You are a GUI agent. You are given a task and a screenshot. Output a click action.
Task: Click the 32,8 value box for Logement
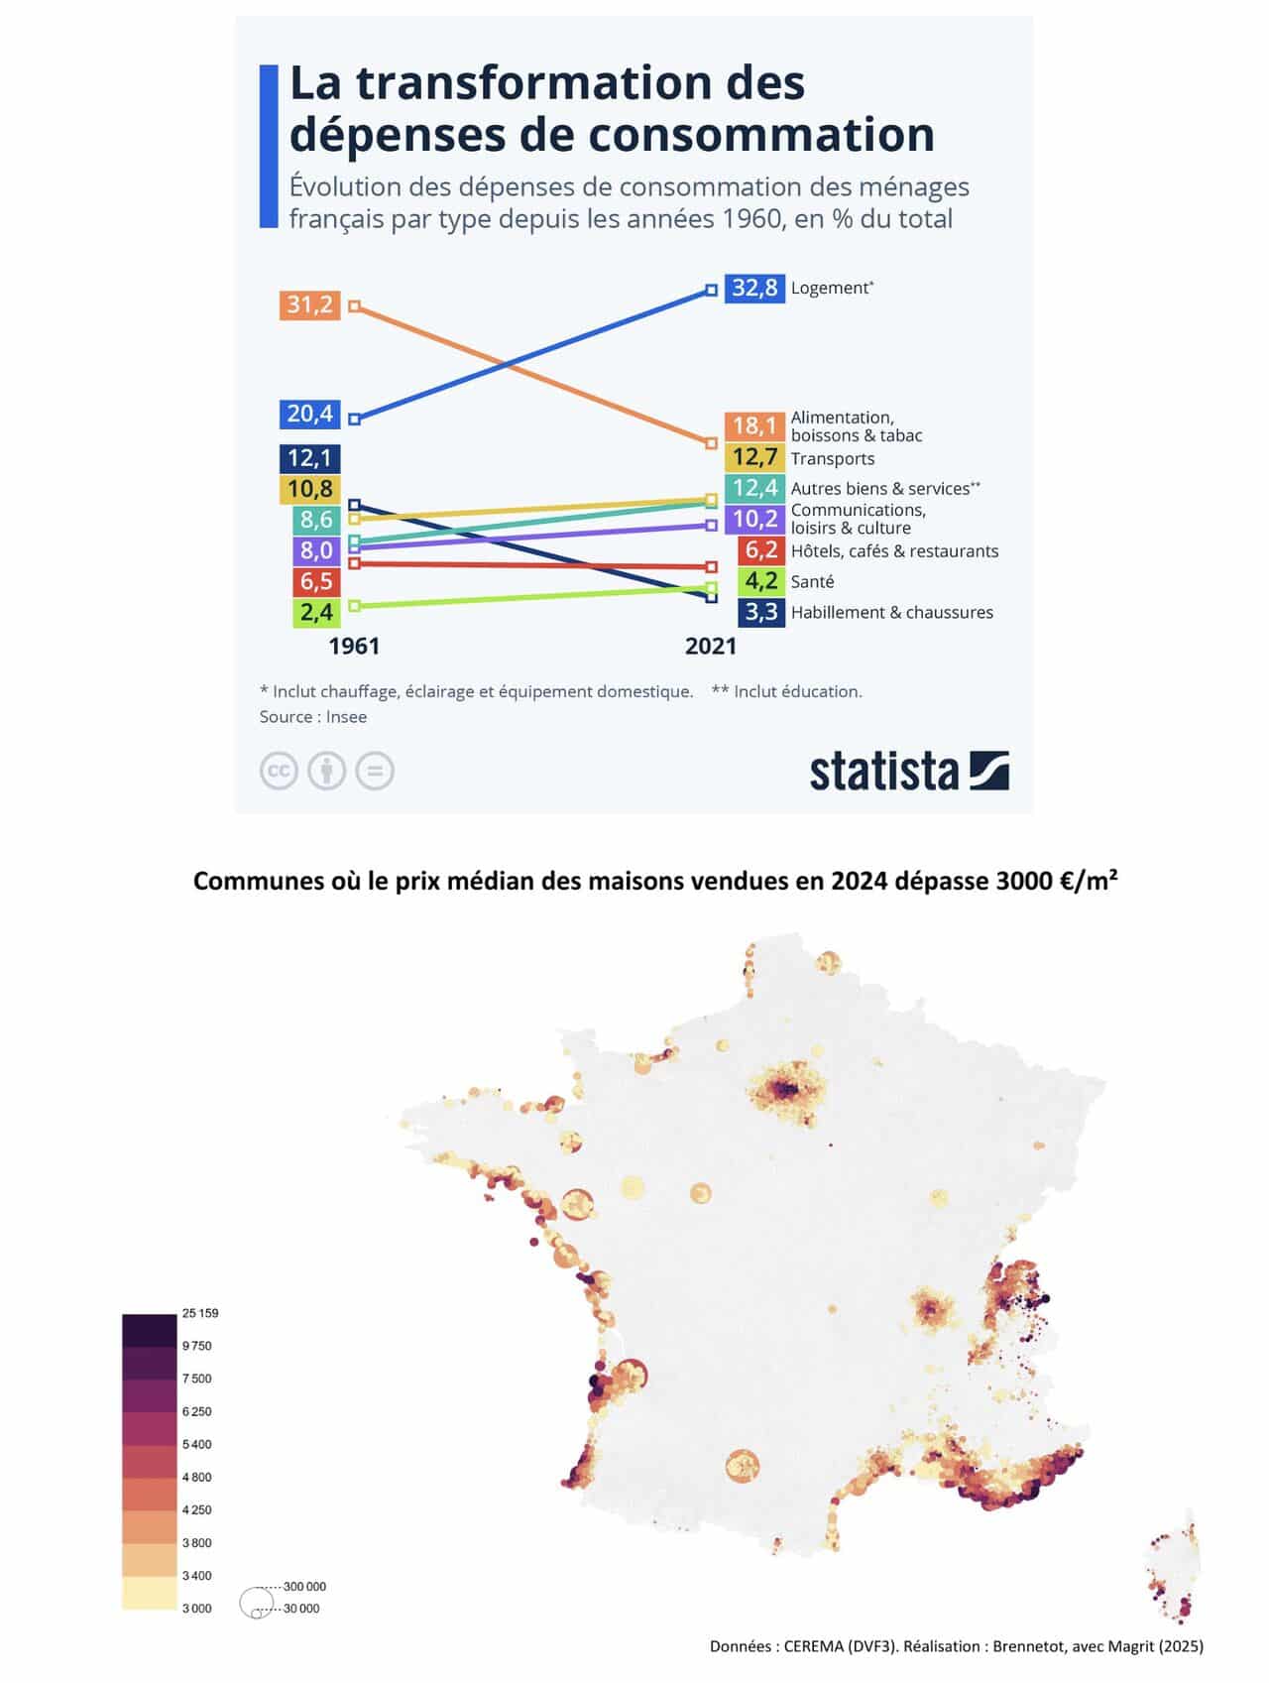(754, 289)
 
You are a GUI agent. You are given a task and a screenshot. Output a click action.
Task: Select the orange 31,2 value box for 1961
(309, 304)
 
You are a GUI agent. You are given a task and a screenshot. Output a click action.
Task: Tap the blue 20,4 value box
(309, 414)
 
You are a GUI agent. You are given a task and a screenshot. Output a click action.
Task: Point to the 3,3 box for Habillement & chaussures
(760, 612)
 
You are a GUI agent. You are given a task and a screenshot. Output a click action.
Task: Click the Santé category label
(812, 582)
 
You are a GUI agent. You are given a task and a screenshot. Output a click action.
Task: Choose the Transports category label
(832, 459)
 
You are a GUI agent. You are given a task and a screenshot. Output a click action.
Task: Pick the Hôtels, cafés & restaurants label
(894, 551)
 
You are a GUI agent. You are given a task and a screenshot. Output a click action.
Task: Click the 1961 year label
(354, 647)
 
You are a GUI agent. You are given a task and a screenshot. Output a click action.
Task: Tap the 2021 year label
(711, 647)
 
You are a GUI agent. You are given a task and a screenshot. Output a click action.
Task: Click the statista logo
(908, 772)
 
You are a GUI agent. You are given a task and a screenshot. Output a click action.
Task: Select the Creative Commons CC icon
(279, 771)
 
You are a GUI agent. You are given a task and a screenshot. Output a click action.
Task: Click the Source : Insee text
(313, 717)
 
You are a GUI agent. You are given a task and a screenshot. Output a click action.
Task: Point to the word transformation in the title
(581, 83)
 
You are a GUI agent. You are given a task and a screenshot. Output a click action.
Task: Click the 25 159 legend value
(200, 1313)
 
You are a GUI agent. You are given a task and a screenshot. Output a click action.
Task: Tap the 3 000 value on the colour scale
(197, 1608)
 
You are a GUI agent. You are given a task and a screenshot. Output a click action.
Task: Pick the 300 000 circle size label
(304, 1587)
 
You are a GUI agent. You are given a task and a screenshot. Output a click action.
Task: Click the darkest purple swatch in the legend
(149, 1330)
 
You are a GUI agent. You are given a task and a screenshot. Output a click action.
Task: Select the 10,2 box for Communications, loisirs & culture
(754, 519)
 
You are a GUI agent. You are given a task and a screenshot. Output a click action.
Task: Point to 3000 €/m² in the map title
(1057, 882)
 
